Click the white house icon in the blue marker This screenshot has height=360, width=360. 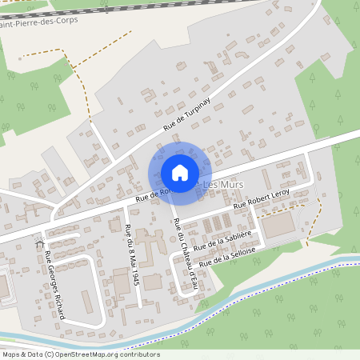pos(180,172)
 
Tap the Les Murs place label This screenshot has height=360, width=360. pos(225,186)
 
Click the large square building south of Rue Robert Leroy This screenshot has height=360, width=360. pos(278,226)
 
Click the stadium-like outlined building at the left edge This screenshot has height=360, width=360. pos(4,284)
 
